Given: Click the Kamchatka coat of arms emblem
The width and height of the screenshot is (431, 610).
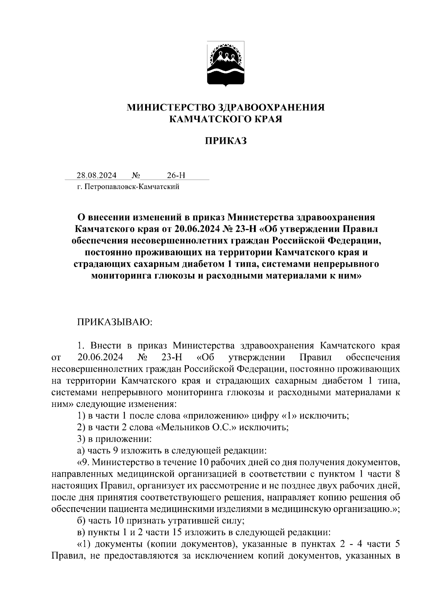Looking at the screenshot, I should pos(226,64).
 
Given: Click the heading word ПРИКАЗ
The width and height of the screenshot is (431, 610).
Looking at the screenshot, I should pos(226,141).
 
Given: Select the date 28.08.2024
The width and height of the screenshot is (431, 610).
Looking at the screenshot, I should pos(96,175).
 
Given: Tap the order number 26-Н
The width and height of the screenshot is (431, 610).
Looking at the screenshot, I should pos(176,175).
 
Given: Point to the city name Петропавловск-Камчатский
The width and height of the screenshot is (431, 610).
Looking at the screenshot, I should pos(131,187).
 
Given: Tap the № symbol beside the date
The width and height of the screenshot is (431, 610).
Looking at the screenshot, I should pos(136,175).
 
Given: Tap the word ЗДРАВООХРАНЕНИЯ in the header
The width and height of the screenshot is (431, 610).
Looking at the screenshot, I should pos(271,107).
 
